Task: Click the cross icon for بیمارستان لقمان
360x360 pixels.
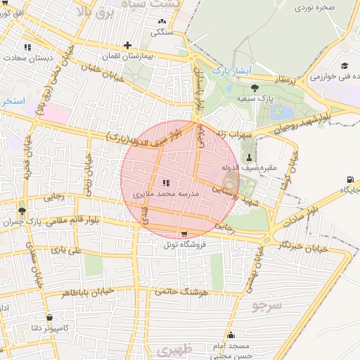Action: (x=127, y=45)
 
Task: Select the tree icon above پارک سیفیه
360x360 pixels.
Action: (x=254, y=87)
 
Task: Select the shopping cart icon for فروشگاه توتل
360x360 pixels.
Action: (x=184, y=234)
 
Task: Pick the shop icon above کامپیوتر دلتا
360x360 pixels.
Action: (x=49, y=317)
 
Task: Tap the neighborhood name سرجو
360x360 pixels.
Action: (x=266, y=307)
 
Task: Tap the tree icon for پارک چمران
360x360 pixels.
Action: (x=22, y=210)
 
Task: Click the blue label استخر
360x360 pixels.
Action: (x=13, y=101)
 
